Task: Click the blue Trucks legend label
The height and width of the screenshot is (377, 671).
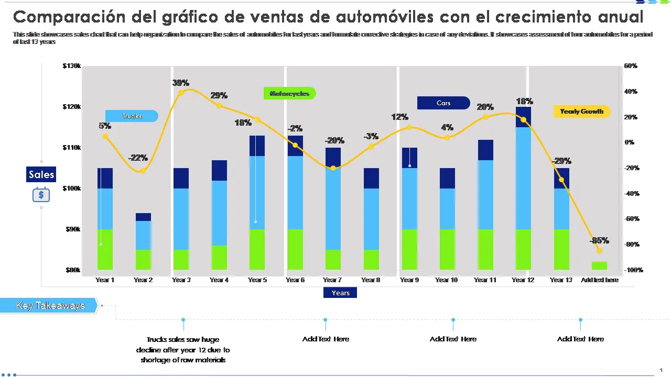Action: (132, 116)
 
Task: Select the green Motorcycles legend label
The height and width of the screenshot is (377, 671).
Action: (289, 94)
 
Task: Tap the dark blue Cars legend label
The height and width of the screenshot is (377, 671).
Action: (443, 103)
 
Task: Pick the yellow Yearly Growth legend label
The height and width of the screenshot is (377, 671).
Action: (581, 112)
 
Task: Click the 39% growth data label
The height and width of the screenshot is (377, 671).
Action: (181, 83)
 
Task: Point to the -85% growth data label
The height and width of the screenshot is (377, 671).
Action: (599, 240)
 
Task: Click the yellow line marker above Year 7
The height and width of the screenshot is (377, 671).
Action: (333, 168)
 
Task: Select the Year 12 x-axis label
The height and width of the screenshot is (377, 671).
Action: (523, 280)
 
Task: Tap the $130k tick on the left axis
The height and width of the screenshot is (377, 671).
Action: (71, 66)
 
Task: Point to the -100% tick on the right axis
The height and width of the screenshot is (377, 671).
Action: (634, 270)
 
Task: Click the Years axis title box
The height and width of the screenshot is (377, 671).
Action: (340, 293)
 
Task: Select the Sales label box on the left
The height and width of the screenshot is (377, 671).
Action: (41, 174)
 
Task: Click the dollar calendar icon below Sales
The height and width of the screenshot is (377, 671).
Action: (41, 195)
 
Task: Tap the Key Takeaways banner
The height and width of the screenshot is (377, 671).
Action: (50, 306)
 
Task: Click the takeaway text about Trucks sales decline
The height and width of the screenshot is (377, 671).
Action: (183, 349)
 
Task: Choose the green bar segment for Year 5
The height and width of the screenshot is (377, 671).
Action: (257, 249)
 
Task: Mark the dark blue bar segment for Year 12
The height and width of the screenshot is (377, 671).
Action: (523, 117)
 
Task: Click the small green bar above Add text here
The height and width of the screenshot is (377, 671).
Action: (599, 265)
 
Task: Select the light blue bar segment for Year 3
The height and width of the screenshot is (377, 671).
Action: (181, 219)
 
